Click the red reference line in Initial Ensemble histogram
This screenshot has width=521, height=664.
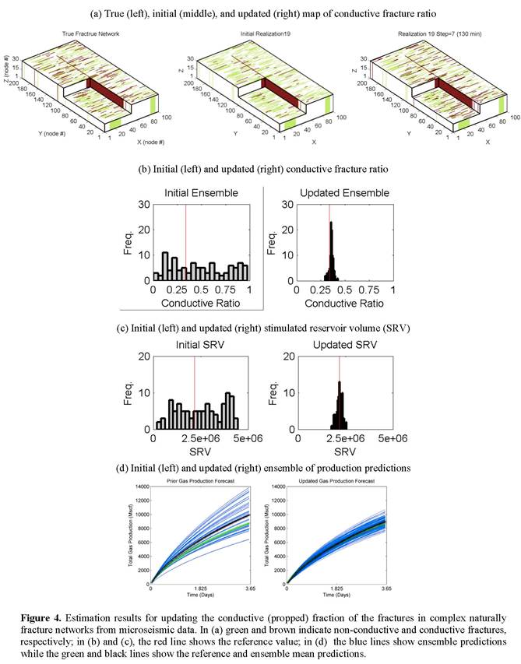click(x=185, y=234)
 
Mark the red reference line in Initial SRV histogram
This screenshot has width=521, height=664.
click(x=195, y=389)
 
